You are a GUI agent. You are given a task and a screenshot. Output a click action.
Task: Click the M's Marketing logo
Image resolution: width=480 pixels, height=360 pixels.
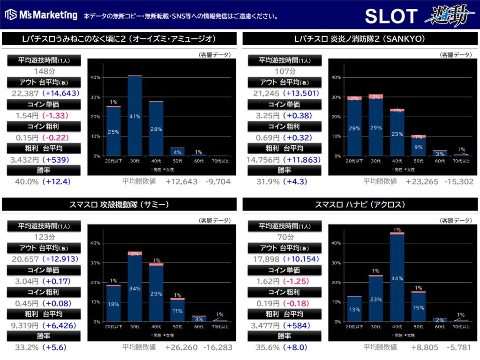pos(41,15)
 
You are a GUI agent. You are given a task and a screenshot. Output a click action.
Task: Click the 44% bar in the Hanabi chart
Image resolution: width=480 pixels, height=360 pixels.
pos(397,277)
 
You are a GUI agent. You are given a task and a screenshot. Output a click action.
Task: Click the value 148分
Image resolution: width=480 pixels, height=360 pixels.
pos(44,72)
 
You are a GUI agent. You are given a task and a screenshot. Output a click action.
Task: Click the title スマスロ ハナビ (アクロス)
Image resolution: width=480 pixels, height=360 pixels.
pos(360,204)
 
